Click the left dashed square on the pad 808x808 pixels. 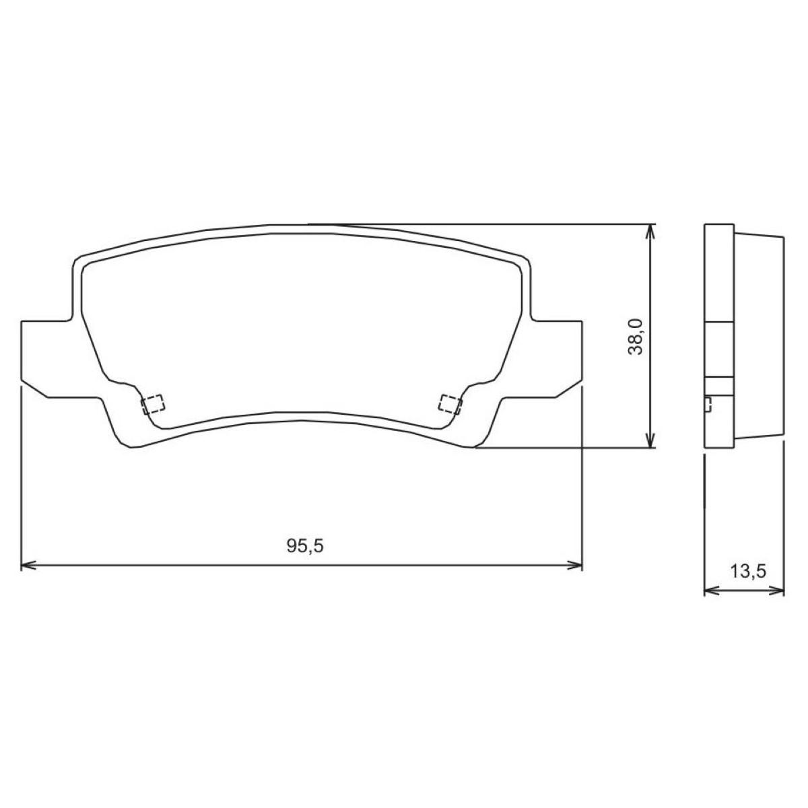point(154,403)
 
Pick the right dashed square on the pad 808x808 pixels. point(450,403)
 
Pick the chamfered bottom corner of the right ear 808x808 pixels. point(568,391)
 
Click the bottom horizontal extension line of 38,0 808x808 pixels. point(566,448)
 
